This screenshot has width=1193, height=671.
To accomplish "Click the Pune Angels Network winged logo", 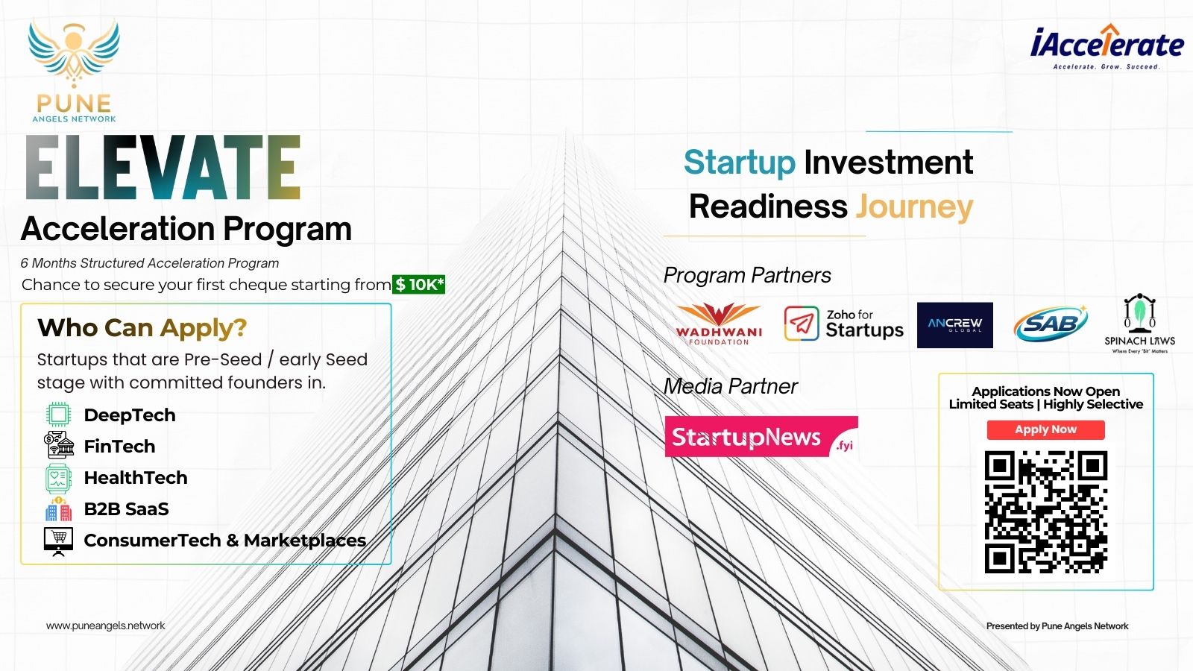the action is click(x=74, y=70).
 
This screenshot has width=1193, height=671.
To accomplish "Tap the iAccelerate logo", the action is click(x=1107, y=47).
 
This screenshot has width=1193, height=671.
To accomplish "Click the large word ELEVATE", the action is click(x=163, y=167).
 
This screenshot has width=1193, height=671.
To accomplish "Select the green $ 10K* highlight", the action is click(x=418, y=284).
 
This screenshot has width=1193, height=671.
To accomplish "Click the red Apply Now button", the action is click(x=1045, y=429).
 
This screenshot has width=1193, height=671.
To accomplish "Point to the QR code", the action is click(x=1046, y=511).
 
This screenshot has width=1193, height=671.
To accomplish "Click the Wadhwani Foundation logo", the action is click(x=719, y=324).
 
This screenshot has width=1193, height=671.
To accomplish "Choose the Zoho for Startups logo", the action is click(x=843, y=324).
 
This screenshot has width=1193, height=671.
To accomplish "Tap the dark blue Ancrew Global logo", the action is click(x=955, y=325).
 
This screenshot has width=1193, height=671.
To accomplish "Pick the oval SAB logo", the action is click(x=1051, y=324).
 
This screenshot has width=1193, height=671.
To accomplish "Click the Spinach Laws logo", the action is click(x=1140, y=324).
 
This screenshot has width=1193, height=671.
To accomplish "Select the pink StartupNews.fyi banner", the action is click(x=761, y=437).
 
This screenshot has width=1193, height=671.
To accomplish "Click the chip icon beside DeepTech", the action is click(x=58, y=415).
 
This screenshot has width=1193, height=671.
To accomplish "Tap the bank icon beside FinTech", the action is click(x=59, y=445).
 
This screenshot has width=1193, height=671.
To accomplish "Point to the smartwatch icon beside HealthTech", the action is click(x=58, y=478).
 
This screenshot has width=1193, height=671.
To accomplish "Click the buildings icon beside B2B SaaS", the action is click(x=59, y=509).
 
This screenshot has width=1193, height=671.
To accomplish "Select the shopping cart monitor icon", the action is click(x=59, y=542).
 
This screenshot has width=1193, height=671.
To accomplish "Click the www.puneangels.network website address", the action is click(x=105, y=626).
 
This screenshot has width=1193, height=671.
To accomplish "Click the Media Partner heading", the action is click(x=730, y=386).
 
